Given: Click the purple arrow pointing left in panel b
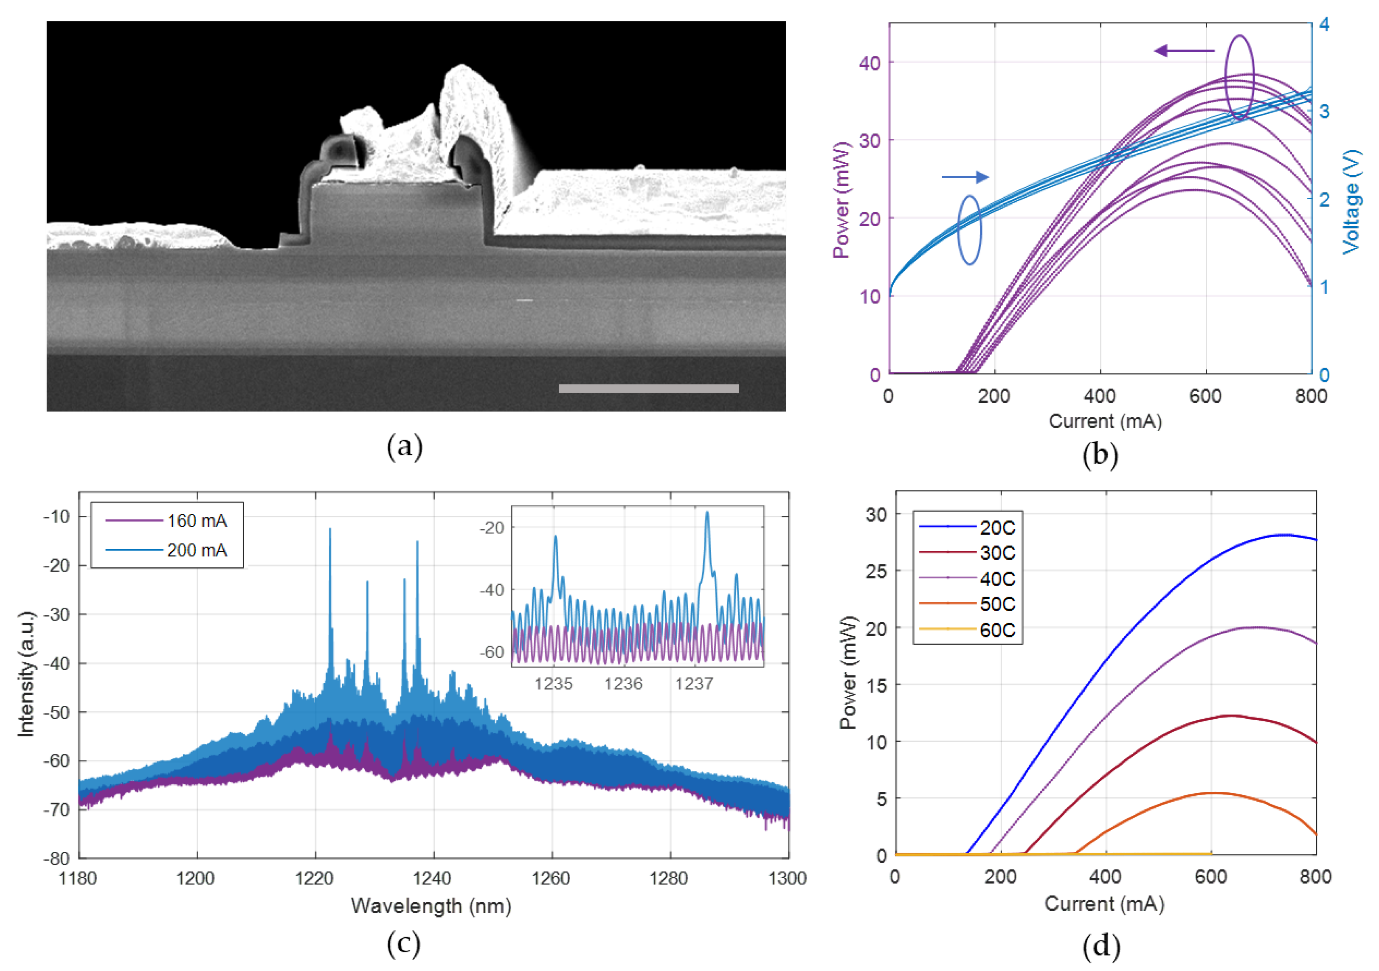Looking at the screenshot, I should [1183, 51].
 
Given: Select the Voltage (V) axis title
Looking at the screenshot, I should [1351, 201].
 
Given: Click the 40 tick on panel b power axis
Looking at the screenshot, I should [869, 62].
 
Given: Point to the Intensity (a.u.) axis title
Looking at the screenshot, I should [26, 674].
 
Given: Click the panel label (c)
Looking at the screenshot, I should [404, 943].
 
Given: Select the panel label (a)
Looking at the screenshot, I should [405, 447].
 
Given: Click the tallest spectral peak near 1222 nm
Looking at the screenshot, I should [330, 530].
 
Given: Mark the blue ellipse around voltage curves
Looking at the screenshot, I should [969, 230].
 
